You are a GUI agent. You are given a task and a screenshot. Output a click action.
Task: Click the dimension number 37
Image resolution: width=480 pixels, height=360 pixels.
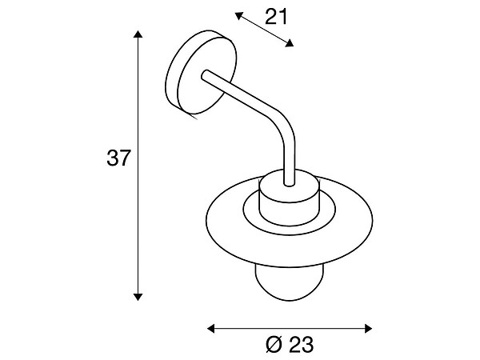[x=118, y=158]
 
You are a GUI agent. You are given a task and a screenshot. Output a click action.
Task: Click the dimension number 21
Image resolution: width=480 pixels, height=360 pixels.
[x=276, y=17]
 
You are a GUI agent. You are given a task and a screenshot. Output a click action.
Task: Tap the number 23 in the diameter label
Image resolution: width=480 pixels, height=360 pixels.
[x=302, y=345]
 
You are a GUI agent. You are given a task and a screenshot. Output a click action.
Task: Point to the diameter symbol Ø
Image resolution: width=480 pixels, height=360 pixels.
[x=274, y=345]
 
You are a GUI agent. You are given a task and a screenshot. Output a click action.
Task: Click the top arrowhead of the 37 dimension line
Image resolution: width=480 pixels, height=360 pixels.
[x=138, y=34]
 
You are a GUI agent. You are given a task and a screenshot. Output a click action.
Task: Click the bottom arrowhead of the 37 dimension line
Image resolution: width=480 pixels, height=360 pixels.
[x=138, y=297]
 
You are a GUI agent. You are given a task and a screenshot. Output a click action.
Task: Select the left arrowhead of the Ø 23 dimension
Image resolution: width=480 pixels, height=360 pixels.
[x=211, y=329]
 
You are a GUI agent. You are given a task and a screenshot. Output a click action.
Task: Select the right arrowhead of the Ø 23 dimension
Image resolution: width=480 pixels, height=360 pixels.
[x=369, y=329]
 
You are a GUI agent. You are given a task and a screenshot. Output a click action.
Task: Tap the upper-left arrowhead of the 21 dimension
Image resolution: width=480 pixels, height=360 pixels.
[x=238, y=15]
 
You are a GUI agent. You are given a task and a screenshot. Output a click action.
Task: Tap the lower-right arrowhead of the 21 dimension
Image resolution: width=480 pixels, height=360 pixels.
[x=290, y=43]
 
